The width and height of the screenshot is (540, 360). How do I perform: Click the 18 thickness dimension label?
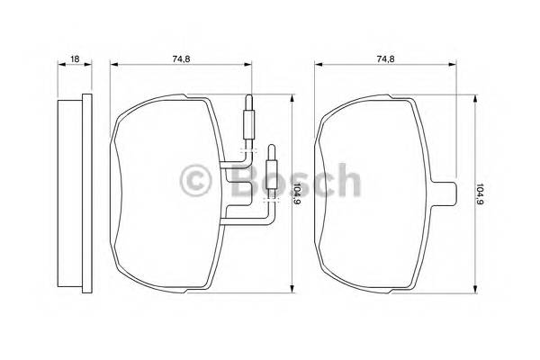click(x=75, y=58)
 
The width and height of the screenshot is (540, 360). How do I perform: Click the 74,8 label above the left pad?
click(x=181, y=58)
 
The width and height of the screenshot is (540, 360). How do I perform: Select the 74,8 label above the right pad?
click(x=386, y=58)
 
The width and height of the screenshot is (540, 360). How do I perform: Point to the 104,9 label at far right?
click(x=480, y=193)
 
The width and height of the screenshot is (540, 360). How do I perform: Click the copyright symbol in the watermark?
click(x=195, y=181)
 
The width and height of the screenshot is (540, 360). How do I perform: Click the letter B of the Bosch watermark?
click(x=245, y=180)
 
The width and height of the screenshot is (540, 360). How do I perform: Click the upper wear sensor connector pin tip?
click(x=248, y=97)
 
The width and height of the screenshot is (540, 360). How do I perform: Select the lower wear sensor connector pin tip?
click(x=272, y=147)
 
